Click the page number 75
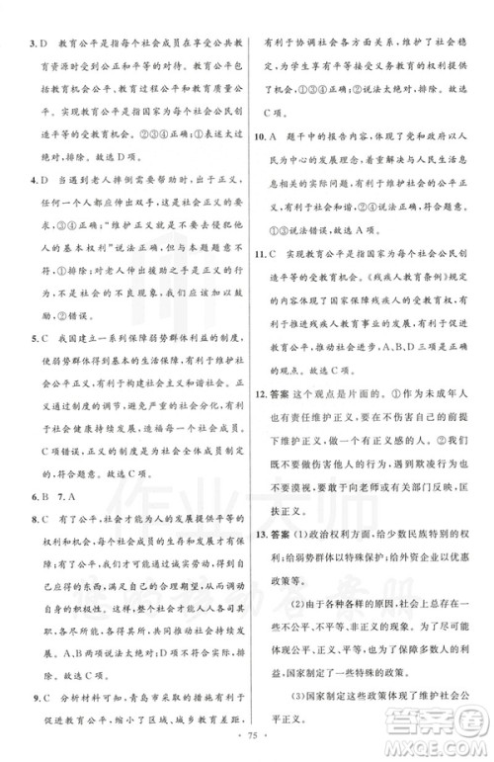point(246,740)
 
